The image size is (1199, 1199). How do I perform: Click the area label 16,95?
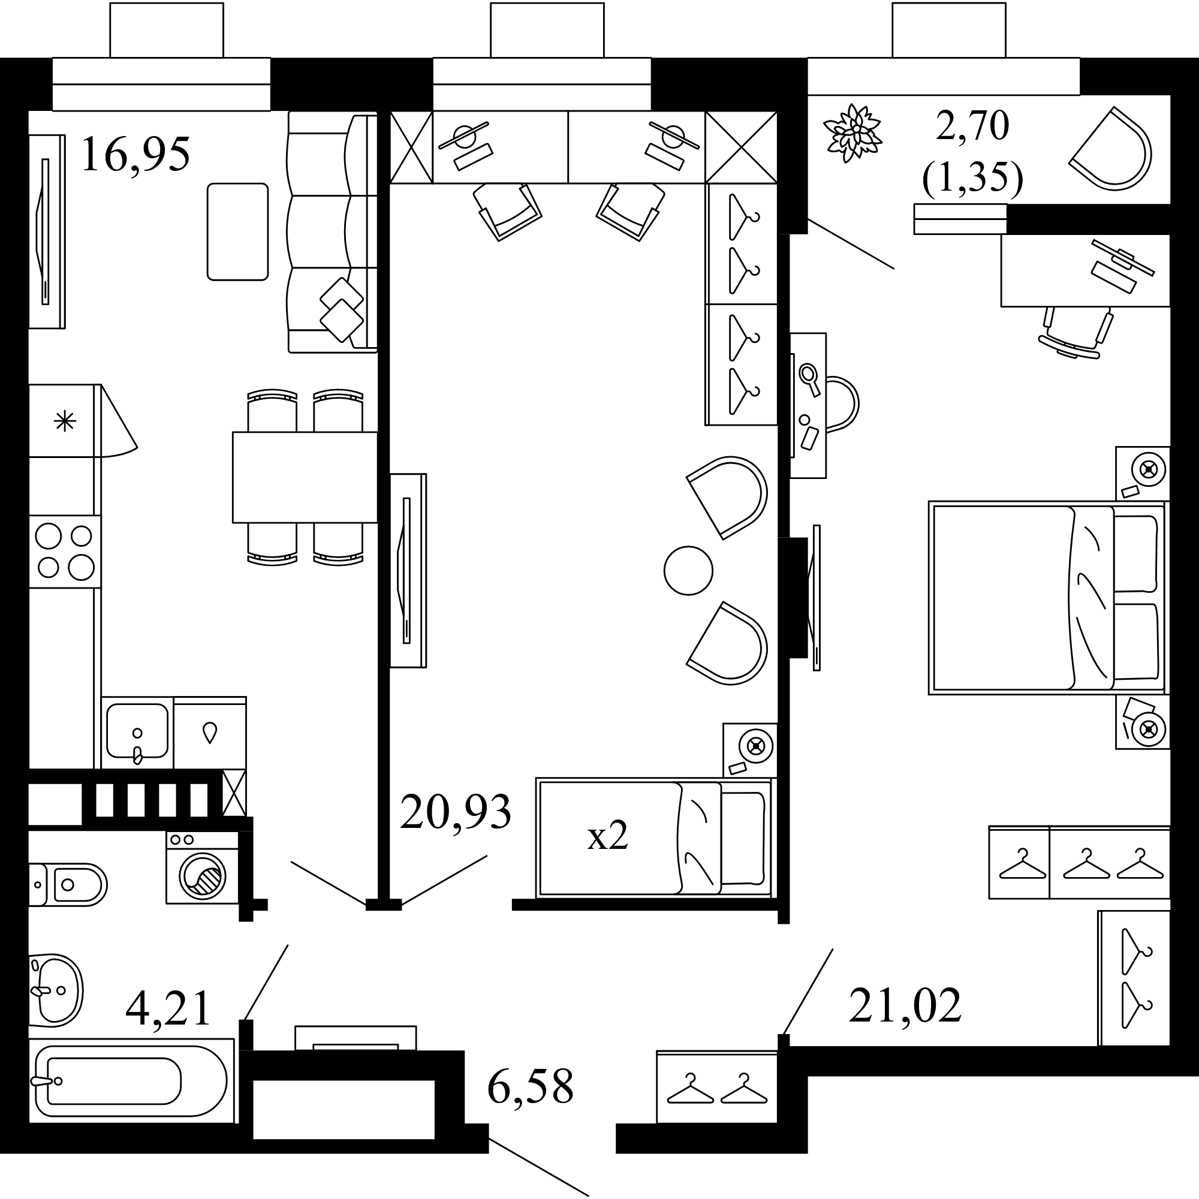(x=135, y=155)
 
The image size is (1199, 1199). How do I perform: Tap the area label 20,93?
(x=456, y=812)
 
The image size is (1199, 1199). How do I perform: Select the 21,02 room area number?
(x=905, y=1005)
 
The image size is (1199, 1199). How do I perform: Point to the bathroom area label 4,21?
(x=168, y=1009)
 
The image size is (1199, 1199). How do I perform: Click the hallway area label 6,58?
(x=530, y=1087)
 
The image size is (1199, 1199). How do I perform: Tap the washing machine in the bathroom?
(x=202, y=867)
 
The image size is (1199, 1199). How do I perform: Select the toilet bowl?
(x=68, y=884)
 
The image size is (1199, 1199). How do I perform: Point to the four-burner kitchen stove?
(x=65, y=551)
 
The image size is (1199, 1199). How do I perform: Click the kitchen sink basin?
(x=137, y=730)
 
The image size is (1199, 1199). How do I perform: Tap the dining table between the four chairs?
(x=305, y=477)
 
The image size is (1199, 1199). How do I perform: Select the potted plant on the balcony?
(x=852, y=134)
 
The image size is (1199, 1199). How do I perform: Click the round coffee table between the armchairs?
(x=688, y=570)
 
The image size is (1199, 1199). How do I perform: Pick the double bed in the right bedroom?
(x=1048, y=598)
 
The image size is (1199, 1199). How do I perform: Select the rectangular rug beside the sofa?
(x=237, y=231)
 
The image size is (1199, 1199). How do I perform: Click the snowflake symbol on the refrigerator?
(x=65, y=422)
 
